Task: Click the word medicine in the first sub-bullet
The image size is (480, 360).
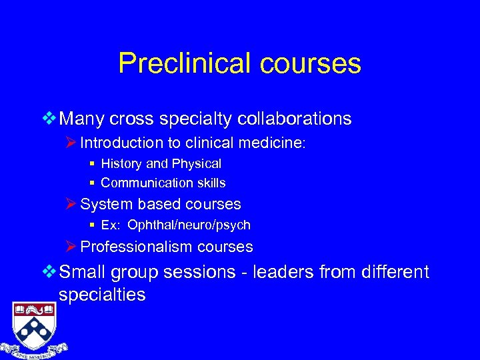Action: (x=273, y=143)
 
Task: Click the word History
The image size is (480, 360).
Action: (x=123, y=163)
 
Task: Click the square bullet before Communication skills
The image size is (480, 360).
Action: (x=94, y=183)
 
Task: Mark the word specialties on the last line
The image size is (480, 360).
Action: (x=102, y=295)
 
